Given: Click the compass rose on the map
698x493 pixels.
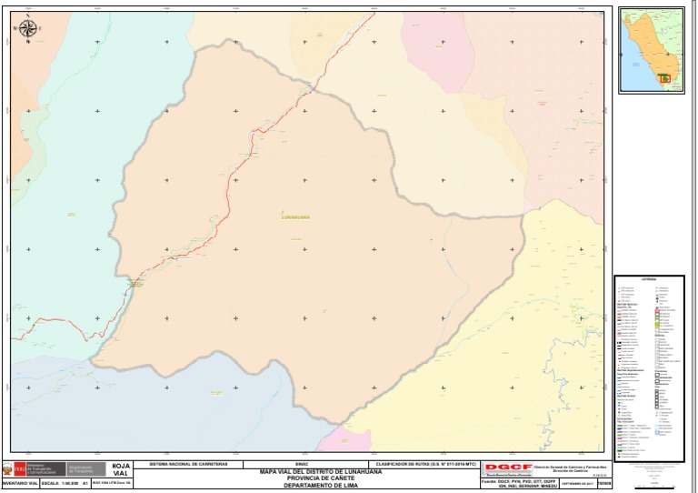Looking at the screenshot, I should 27,30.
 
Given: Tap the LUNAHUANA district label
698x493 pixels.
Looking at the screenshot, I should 297,216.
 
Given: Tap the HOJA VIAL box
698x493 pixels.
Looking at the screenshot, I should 120,469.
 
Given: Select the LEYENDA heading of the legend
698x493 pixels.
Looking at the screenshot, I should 649,279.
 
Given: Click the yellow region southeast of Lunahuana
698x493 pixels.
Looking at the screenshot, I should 509,364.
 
